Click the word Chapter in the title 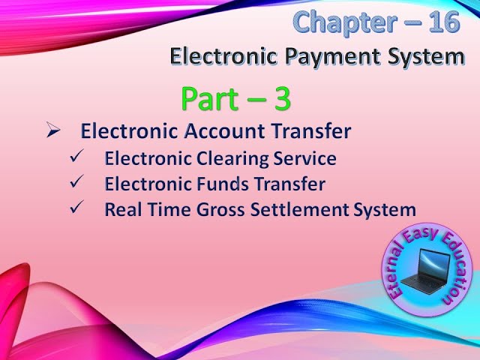click(340, 22)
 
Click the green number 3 click(279, 99)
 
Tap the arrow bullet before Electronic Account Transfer click(52, 131)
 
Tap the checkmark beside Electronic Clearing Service click(77, 158)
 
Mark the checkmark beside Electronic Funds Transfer click(77, 183)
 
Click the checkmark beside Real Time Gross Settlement click(77, 208)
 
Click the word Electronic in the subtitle click(218, 55)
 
